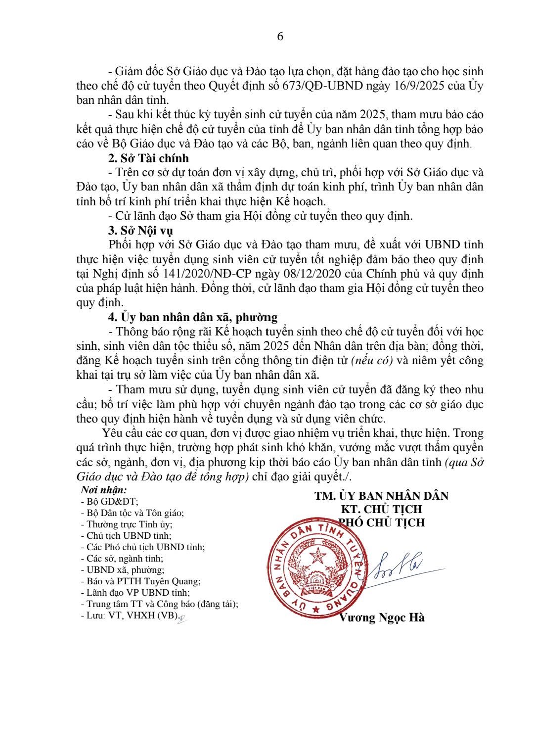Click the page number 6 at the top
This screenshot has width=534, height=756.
coord(280,37)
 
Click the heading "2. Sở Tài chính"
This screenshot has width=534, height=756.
coord(148,158)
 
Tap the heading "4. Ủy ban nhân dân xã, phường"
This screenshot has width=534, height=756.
coord(193,317)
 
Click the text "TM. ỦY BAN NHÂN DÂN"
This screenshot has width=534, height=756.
coord(381,496)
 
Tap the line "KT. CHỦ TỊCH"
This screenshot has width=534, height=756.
coord(381,509)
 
